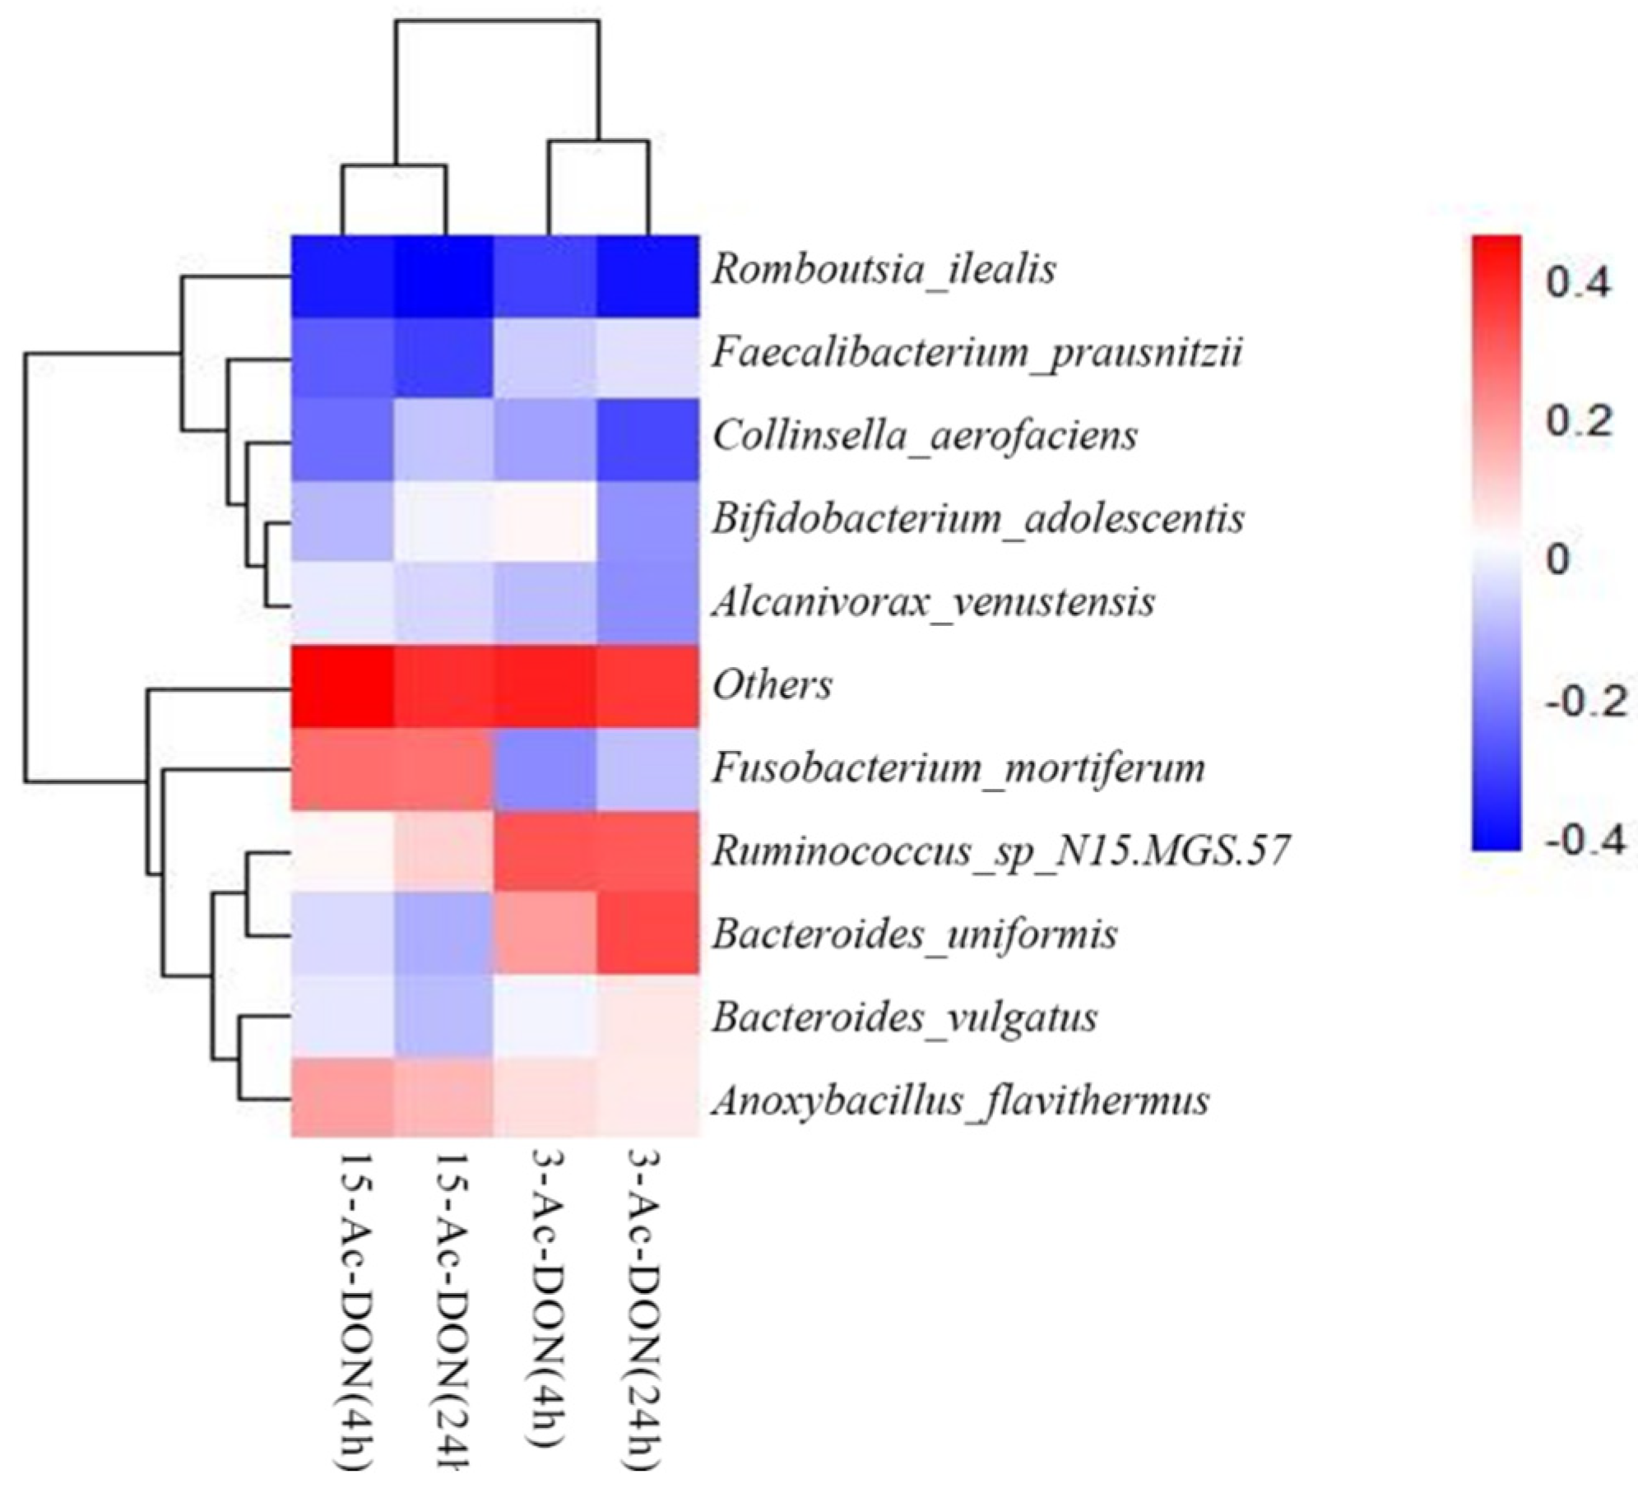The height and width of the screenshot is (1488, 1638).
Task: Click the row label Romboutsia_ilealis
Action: (x=883, y=270)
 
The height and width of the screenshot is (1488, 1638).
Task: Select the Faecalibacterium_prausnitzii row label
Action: (x=977, y=353)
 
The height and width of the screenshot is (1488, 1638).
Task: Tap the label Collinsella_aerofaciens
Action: (x=924, y=436)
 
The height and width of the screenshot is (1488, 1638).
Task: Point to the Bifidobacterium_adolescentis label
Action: (x=977, y=519)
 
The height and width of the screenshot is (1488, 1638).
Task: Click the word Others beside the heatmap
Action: (x=772, y=685)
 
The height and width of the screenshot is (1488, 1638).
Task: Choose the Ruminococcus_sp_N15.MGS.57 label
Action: (x=1000, y=851)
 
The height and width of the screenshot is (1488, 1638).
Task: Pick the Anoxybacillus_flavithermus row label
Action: (x=960, y=1101)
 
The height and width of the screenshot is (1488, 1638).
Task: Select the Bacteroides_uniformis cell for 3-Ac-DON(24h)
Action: (x=647, y=934)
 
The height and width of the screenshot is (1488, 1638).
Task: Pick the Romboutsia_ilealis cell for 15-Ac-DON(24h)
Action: (x=443, y=276)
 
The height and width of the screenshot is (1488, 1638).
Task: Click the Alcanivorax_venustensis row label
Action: (x=933, y=602)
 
